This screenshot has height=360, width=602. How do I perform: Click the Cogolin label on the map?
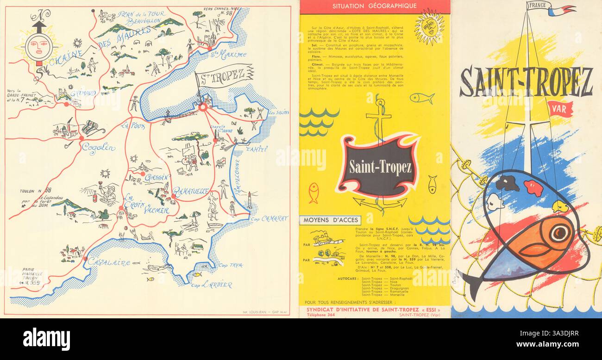[98, 148]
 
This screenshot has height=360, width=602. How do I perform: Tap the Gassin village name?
[156, 178]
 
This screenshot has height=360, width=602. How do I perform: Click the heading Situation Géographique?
[375, 6]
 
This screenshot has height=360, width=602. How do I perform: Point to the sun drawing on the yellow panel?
[429, 27]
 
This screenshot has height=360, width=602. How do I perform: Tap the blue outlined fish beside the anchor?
[421, 98]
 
